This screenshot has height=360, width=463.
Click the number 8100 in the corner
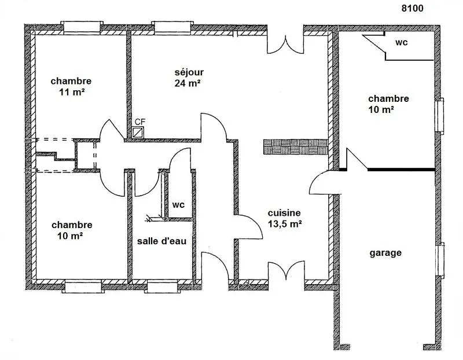pyautogui.click(x=412, y=8)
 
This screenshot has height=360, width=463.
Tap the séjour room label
pyautogui.click(x=189, y=72)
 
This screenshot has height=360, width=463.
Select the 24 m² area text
pyautogui.click(x=188, y=83)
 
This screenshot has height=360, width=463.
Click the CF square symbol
pyautogui.click(x=138, y=132)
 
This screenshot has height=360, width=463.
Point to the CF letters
pyautogui.click(x=140, y=122)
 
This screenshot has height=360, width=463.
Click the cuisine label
pyautogui.click(x=284, y=213)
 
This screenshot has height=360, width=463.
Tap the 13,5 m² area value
pyautogui.click(x=285, y=224)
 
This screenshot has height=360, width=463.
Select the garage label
pyautogui.click(x=385, y=253)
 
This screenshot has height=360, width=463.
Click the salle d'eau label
pyautogui.click(x=162, y=241)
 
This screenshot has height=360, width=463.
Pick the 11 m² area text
pyautogui.click(x=72, y=92)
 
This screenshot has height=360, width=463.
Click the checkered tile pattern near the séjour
pyautogui.click(x=296, y=147)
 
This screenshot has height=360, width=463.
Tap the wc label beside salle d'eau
pyautogui.click(x=178, y=205)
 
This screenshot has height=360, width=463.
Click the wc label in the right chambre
pyautogui.click(x=402, y=42)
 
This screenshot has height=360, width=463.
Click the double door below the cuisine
pyautogui.click(x=286, y=270)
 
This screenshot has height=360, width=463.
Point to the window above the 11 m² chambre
pyautogui.click(x=82, y=27)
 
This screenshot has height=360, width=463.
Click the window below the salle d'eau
pyautogui.click(x=162, y=286)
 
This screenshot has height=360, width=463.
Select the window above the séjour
pyautogui.click(x=172, y=27)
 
